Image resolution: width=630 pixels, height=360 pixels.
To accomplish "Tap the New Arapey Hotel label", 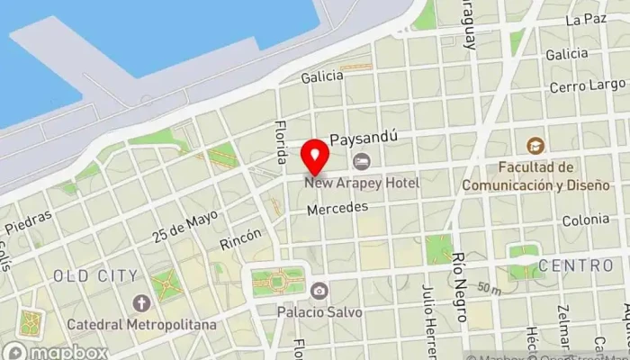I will point(362,183).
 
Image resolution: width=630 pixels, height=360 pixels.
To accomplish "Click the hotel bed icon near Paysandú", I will point(362,161).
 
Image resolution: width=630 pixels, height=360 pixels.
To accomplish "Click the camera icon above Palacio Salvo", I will point(319,291).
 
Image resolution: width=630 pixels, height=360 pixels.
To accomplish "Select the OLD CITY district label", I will point(95,274).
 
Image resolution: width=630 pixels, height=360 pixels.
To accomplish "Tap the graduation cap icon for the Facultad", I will point(535,146).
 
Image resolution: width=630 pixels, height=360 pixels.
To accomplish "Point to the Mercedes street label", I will point(337,208).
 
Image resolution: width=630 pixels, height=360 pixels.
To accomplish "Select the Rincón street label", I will point(240,238).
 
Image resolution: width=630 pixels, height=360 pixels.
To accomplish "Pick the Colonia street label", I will point(585,220).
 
